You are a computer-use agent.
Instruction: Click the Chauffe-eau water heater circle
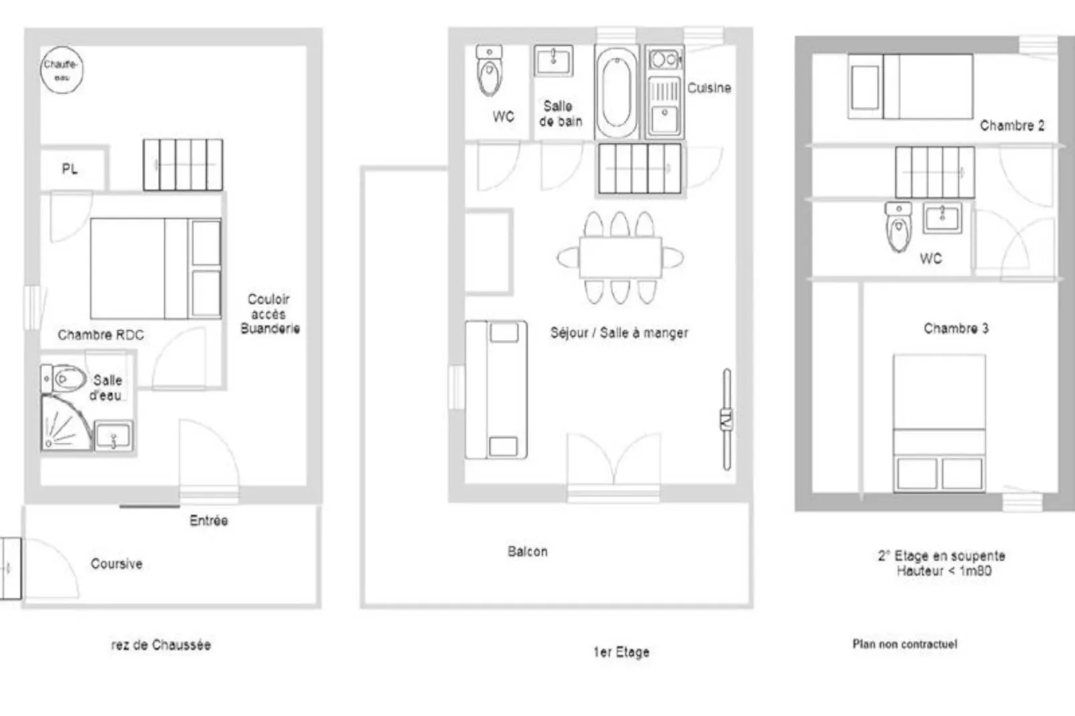click(62, 70)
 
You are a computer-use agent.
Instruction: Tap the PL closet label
click(70, 169)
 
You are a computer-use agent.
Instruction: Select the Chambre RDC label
click(101, 335)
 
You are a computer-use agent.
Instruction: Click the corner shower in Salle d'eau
click(66, 423)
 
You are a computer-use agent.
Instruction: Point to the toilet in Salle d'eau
click(64, 379)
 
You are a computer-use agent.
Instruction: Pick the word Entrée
click(209, 520)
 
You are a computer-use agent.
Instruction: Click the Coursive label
click(116, 563)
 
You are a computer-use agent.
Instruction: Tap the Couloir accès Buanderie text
click(270, 314)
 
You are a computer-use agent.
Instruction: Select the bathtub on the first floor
click(616, 92)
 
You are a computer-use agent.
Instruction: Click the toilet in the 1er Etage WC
click(489, 70)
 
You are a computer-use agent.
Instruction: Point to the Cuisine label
click(709, 88)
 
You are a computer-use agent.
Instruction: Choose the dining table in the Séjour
click(621, 257)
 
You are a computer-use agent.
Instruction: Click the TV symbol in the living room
click(727, 420)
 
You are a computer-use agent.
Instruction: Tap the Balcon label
click(527, 551)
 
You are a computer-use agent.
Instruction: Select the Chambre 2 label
click(1012, 125)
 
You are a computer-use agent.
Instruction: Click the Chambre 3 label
click(956, 329)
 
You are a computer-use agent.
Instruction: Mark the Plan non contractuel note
click(904, 644)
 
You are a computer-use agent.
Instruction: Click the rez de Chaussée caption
click(161, 644)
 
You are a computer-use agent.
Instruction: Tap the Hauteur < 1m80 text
click(944, 571)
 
